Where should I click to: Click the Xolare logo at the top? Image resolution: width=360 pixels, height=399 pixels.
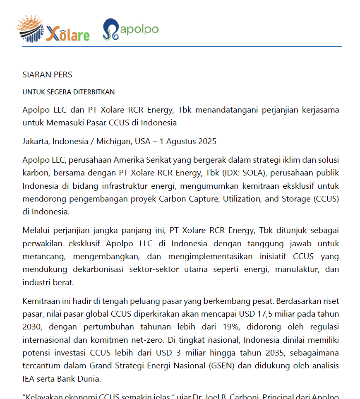pos(53,30)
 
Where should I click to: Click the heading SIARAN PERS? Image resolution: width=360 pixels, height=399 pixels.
pos(47,75)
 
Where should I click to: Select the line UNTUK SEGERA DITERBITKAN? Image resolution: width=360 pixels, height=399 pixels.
pos(68,92)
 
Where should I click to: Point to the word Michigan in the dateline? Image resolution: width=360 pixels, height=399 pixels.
pos(113,142)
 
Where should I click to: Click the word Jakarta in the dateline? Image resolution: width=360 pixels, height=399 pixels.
pos(36,142)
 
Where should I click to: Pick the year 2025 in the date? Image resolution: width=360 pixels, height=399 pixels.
pos(207,142)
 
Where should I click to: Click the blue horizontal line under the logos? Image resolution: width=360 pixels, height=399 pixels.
pos(182,47)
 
